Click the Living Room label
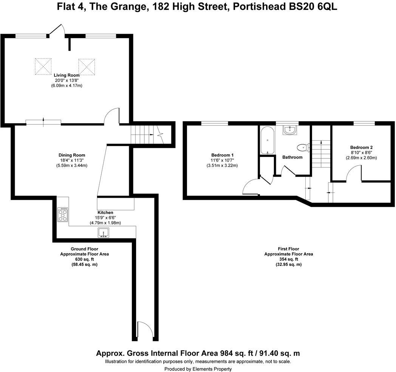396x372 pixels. [x=67, y=75]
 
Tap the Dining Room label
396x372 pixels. [x=72, y=155]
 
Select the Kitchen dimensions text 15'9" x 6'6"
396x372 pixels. [x=105, y=218]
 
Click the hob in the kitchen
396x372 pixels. [x=63, y=214]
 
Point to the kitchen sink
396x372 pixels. [x=103, y=232]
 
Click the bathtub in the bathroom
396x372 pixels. [x=267, y=140]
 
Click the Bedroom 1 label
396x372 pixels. [x=222, y=155]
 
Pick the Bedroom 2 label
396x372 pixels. [x=361, y=147]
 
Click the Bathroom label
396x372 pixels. [x=292, y=157]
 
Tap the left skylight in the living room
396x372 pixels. [x=43, y=66]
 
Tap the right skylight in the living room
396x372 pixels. [x=87, y=66]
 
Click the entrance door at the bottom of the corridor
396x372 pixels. [x=145, y=330]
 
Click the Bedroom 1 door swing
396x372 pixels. [x=250, y=187]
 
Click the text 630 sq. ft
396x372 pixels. [x=84, y=259]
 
